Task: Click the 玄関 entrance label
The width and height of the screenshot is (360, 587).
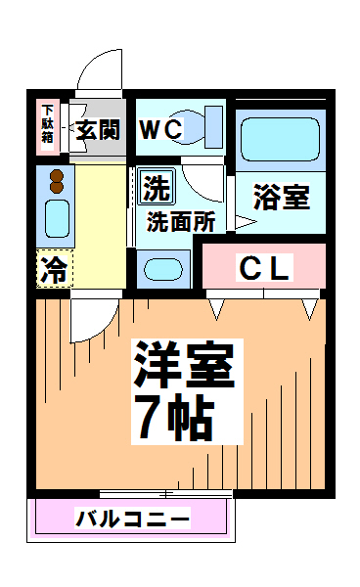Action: [x=98, y=129]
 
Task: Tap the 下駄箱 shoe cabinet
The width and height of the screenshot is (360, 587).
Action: [x=48, y=126]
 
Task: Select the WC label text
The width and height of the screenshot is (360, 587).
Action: [x=161, y=129]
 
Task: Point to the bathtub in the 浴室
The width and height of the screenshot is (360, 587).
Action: [x=280, y=139]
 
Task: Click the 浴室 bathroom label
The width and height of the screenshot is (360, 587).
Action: [x=282, y=197]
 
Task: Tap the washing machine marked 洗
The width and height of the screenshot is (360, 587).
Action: [x=157, y=187]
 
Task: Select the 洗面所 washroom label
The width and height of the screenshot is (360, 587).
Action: [x=181, y=222]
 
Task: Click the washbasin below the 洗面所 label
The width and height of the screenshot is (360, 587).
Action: [x=163, y=269]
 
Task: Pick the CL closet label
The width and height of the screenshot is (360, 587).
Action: [x=264, y=267]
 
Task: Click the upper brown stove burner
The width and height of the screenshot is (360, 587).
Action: [x=57, y=175]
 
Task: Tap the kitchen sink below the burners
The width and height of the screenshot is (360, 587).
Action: [x=58, y=218]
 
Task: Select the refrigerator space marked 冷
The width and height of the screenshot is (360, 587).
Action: [x=55, y=269]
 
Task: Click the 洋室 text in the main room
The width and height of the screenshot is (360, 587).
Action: [x=184, y=364]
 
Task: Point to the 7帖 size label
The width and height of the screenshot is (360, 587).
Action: [x=175, y=417]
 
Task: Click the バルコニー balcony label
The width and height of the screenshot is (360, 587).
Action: [x=133, y=519]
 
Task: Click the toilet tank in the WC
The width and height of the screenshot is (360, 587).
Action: [x=214, y=126]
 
